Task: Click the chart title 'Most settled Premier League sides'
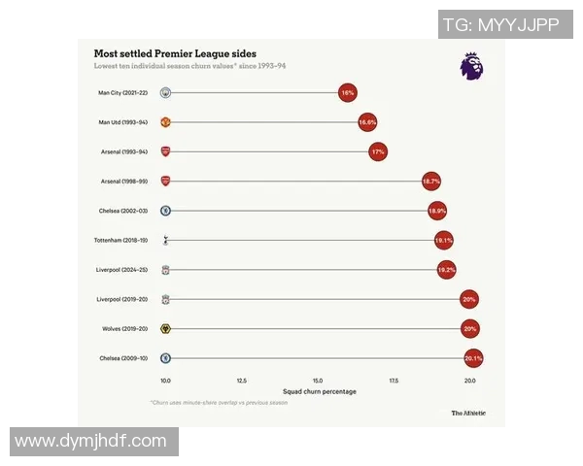click(x=175, y=53)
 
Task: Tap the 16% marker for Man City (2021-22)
click(x=347, y=93)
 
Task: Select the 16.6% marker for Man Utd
click(x=366, y=122)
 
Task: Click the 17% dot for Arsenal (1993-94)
click(x=378, y=151)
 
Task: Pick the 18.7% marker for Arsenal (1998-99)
click(x=430, y=182)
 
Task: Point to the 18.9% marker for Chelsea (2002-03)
click(x=437, y=211)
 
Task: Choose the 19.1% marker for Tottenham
click(x=444, y=240)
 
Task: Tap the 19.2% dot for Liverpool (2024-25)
click(x=446, y=269)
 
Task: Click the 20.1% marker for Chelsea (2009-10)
click(x=473, y=358)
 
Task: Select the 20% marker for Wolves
click(x=470, y=328)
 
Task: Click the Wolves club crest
click(x=166, y=329)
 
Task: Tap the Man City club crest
click(x=166, y=93)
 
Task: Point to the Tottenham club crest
click(x=166, y=240)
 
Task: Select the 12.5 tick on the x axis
click(x=241, y=381)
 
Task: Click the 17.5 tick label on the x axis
click(x=394, y=381)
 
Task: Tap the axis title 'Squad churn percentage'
click(x=318, y=391)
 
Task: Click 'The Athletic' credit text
click(x=467, y=413)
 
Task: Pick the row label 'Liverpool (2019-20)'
click(x=121, y=299)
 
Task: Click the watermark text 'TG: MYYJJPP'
click(x=500, y=25)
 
